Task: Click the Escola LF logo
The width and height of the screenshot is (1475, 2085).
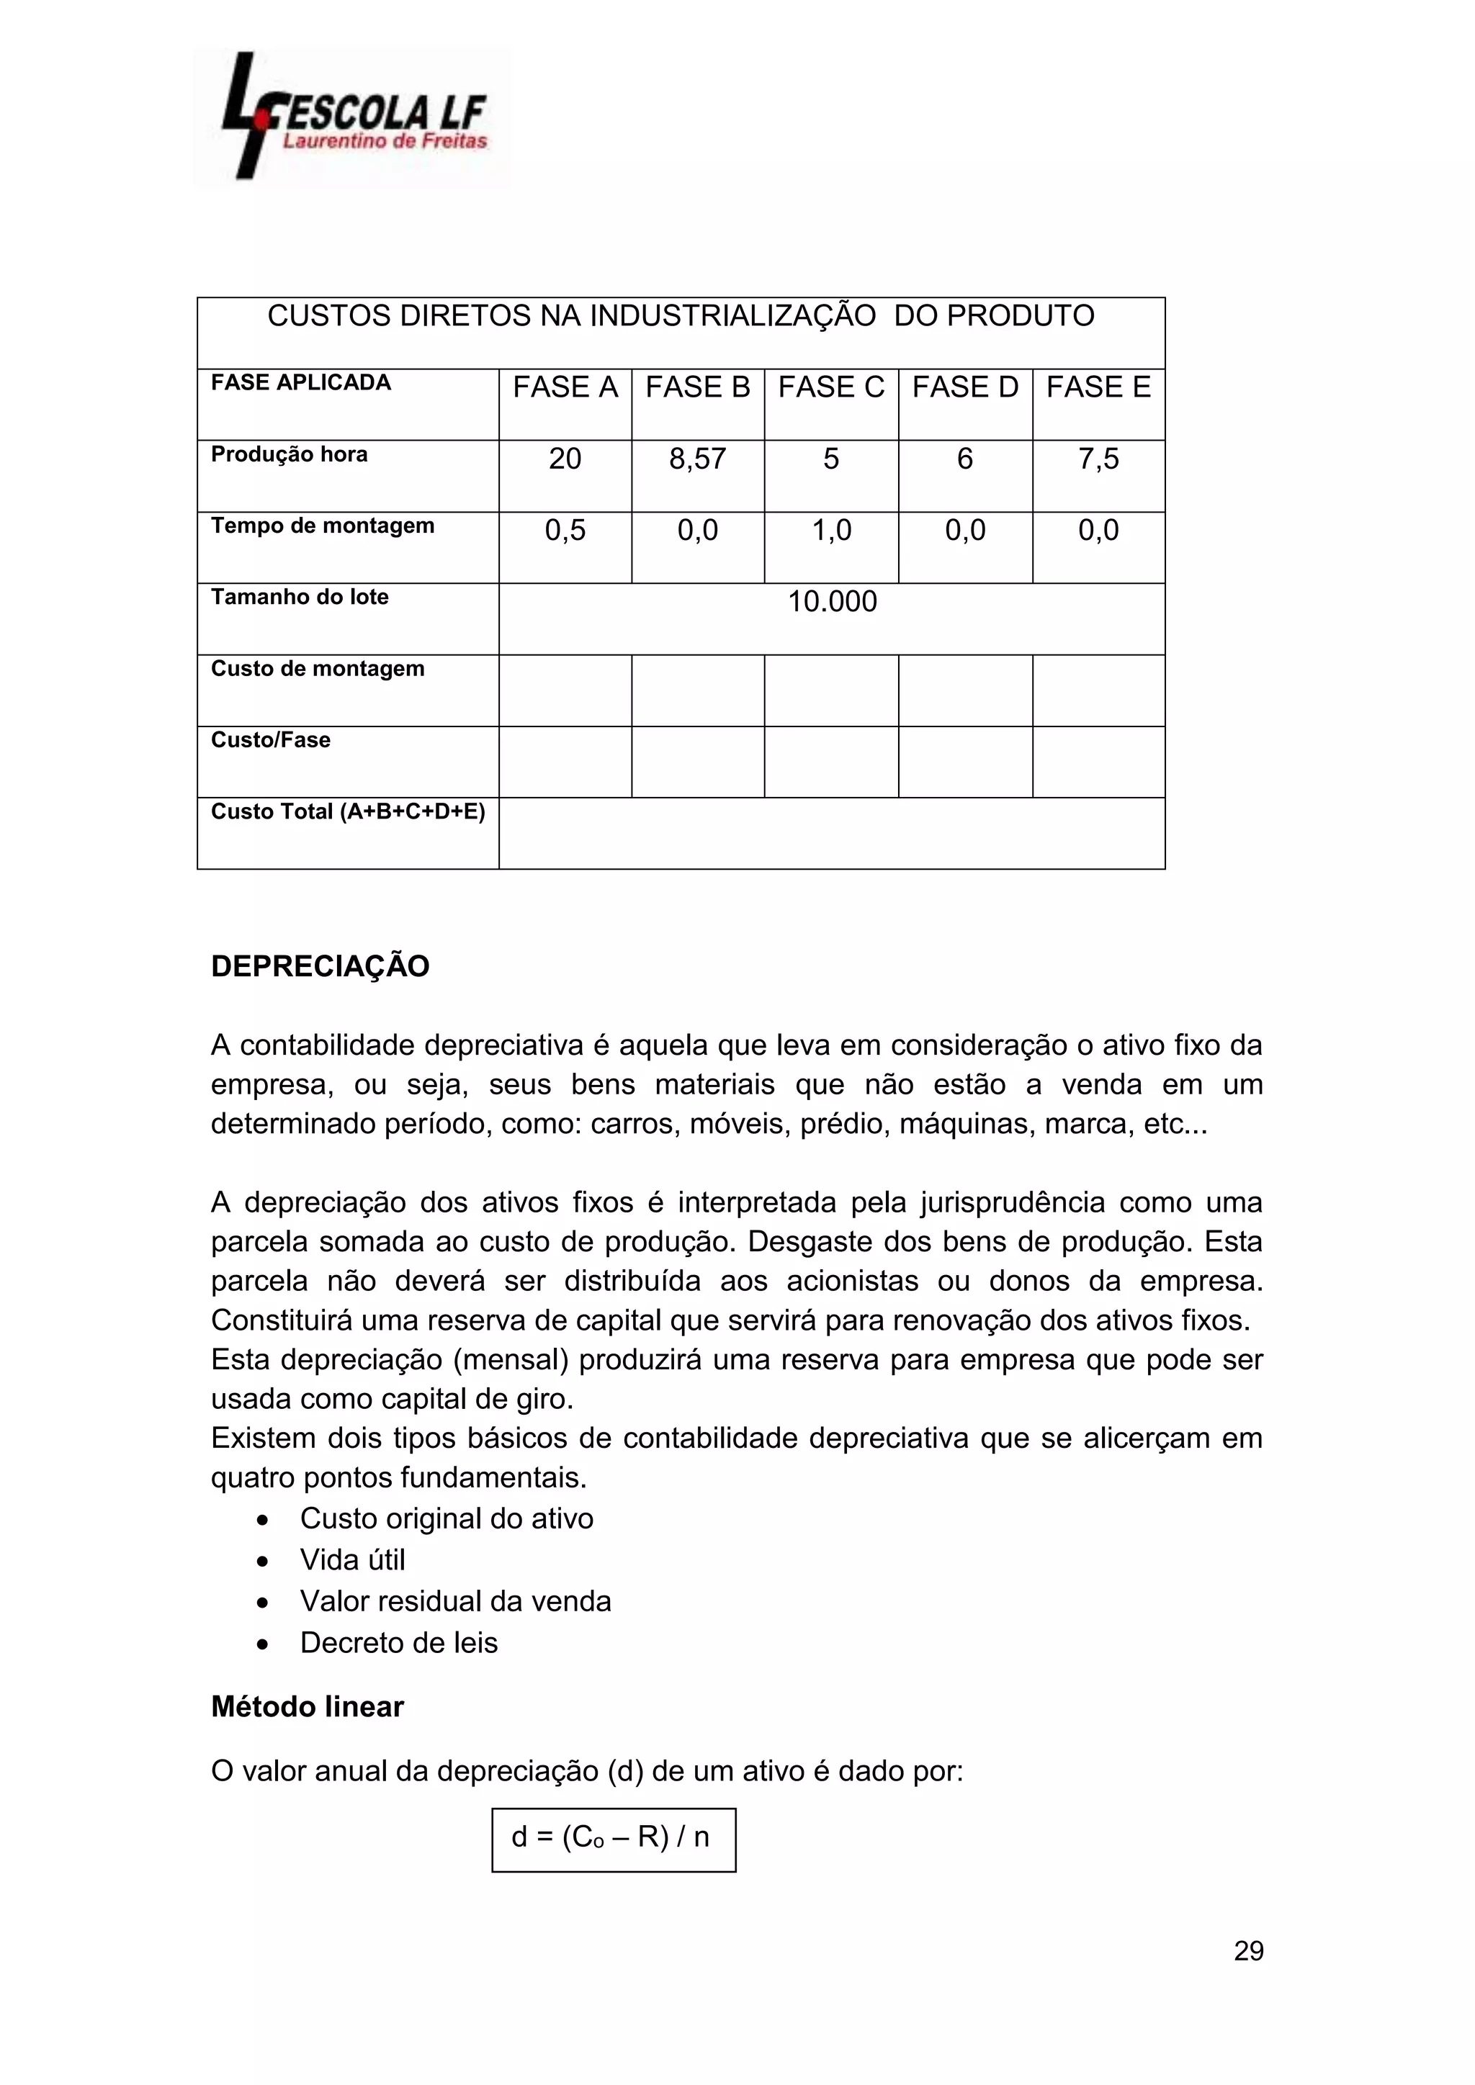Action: (x=352, y=118)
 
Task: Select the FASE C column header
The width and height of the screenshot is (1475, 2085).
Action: (x=831, y=388)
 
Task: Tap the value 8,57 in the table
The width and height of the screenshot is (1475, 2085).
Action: (x=698, y=459)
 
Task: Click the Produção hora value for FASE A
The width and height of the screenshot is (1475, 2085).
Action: (x=565, y=459)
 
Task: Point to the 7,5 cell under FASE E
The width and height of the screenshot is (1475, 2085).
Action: (x=1098, y=459)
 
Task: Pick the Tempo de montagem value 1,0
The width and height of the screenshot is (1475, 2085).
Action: (x=831, y=531)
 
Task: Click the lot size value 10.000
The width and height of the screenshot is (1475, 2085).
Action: (x=832, y=602)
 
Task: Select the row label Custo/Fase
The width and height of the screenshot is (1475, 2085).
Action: (x=271, y=740)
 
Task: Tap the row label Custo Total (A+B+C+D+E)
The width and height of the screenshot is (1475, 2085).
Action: (x=348, y=812)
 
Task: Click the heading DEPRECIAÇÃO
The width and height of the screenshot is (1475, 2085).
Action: (x=320, y=966)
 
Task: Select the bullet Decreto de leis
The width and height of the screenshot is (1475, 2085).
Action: (x=399, y=1643)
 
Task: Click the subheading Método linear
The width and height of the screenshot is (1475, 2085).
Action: (x=307, y=1707)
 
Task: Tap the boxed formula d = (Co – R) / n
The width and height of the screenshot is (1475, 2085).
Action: (x=613, y=1838)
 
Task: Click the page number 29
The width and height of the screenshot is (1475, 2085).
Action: (x=1248, y=1952)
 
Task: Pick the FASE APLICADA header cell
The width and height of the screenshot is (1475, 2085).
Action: (x=300, y=383)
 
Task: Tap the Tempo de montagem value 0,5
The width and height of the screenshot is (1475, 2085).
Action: (x=565, y=531)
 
